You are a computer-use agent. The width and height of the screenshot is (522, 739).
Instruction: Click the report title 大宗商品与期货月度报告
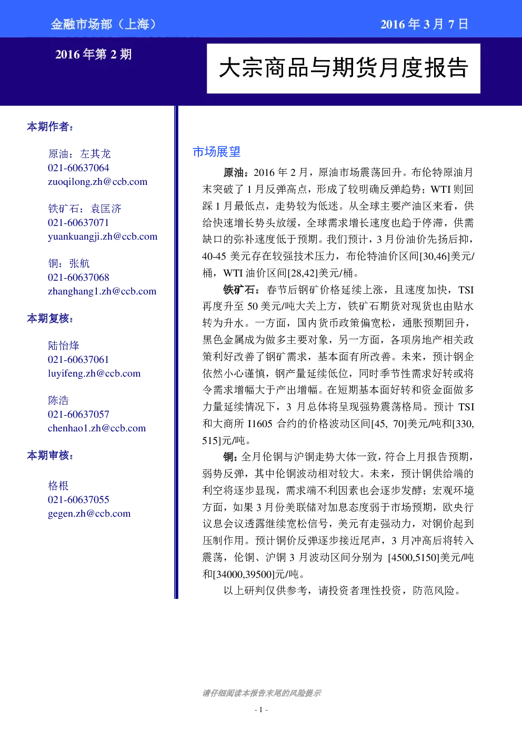pos(344,68)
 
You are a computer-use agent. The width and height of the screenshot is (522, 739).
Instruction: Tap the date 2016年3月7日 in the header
pos(425,24)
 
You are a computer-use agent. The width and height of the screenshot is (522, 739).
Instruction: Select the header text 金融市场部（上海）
pos(103,24)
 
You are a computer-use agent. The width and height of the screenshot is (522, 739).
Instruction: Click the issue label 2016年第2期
pos(94,54)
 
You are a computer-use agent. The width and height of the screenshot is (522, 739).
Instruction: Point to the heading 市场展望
pos(216,152)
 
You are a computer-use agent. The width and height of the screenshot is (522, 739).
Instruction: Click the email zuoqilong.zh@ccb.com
pos(97,182)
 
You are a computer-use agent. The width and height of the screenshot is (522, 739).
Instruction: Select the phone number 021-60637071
pos(78,223)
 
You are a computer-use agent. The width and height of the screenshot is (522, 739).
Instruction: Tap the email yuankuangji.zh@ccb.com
pos(103,237)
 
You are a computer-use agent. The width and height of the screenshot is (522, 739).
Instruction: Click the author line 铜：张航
pos(69,263)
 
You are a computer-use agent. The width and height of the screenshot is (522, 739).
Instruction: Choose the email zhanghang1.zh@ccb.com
pos(102,291)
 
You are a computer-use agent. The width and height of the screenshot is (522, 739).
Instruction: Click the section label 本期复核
pos(50,318)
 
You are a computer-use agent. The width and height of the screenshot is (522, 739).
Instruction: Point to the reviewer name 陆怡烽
pos(64,346)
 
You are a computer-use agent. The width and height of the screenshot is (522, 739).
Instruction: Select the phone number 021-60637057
pos(78,415)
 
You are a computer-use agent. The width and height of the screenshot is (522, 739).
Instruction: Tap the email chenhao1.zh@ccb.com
pos(97,428)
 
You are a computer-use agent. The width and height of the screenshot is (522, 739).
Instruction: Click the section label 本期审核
pos(50,455)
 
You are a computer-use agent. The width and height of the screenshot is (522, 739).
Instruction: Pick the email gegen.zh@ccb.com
pos(89,514)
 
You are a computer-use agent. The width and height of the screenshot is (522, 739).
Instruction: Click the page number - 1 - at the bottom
pos(261,710)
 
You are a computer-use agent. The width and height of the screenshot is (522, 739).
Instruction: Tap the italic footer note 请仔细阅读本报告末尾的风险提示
pos(262,693)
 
